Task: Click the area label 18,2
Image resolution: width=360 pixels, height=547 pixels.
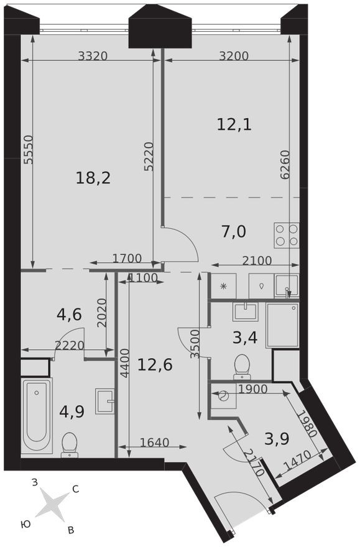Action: (93, 178)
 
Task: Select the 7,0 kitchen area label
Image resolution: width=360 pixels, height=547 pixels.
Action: (234, 232)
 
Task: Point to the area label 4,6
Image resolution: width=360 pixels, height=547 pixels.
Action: (69, 315)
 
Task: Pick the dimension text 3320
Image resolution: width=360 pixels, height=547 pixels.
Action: (93, 55)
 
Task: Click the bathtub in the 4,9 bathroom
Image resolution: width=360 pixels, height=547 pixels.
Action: (36, 416)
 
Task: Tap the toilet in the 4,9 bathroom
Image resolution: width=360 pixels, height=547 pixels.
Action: (70, 444)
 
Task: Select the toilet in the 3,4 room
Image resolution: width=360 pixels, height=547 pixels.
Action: (242, 366)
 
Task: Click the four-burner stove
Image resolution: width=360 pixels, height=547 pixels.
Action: (286, 235)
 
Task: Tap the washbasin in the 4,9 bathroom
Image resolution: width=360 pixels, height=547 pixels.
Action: (104, 401)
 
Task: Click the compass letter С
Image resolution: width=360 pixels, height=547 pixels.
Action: (75, 489)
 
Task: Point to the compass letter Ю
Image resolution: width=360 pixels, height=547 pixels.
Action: (25, 524)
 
